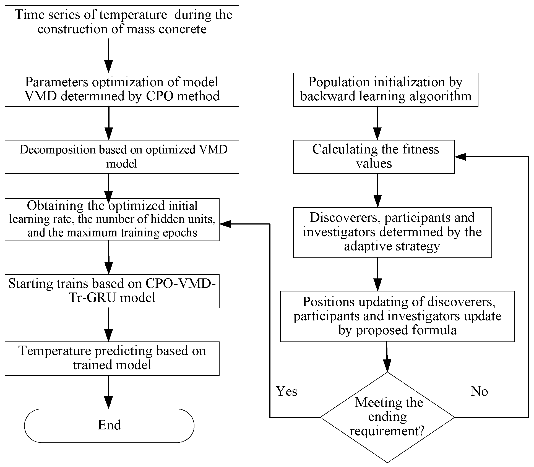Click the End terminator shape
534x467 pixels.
point(109,426)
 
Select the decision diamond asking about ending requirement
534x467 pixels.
point(387,417)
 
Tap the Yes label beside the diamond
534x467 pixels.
point(286,391)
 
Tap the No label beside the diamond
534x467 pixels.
point(479,391)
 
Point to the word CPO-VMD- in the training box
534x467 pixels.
point(181,283)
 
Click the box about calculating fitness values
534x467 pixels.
point(374,156)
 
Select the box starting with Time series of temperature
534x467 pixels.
point(122,22)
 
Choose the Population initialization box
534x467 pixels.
point(385,89)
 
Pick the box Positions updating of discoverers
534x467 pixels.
point(397,316)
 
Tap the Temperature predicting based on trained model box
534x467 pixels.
point(112,358)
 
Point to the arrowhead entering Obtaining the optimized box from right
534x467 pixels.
point(225,224)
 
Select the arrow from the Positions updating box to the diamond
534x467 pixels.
point(387,357)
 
